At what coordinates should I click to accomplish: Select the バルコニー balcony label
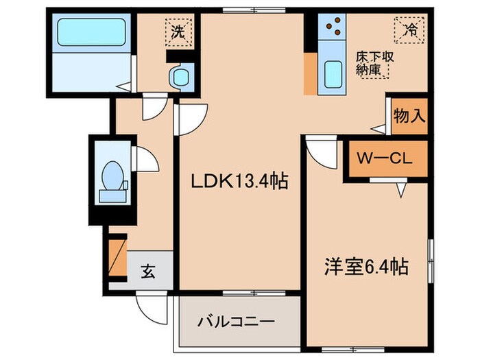click(237, 320)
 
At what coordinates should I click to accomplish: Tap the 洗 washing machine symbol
click(178, 30)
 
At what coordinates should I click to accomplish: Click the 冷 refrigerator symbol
click(409, 30)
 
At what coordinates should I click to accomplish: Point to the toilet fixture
click(111, 177)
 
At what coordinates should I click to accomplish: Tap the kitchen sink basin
click(333, 73)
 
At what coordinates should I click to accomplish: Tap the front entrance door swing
click(151, 304)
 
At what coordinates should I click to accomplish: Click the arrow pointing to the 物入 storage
click(379, 128)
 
